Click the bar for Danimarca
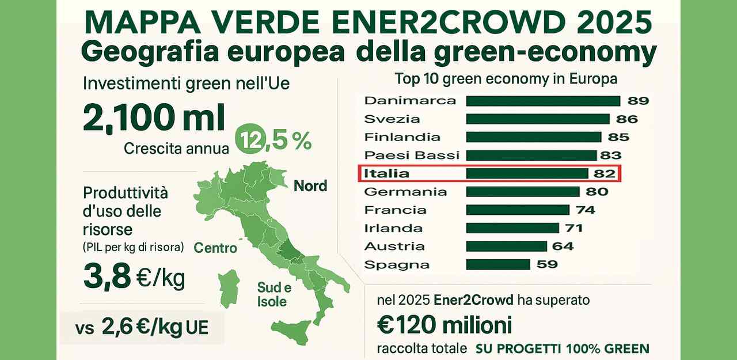(542, 101)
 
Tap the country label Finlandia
(402, 137)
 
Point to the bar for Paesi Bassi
(531, 156)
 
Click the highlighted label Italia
(387, 173)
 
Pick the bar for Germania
(522, 192)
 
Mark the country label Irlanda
(393, 228)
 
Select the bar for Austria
(506, 247)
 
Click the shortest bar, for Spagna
(497, 264)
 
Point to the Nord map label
(310, 186)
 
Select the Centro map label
(215, 248)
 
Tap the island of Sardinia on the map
(229, 291)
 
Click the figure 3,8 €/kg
(134, 278)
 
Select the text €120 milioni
(443, 325)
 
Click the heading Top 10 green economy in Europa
(506, 78)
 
